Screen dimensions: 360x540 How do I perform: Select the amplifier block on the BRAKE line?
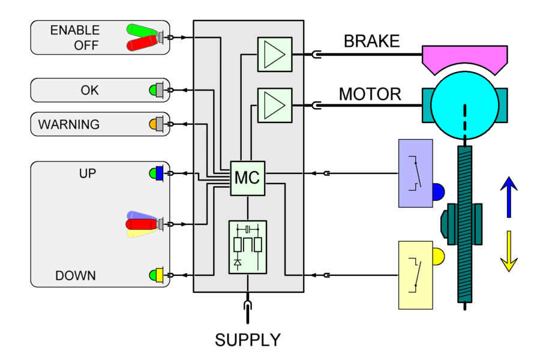[274, 55]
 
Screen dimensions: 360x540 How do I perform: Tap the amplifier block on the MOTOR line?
[274, 106]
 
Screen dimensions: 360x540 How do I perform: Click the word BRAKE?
[371, 41]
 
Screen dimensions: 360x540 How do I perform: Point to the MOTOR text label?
[370, 94]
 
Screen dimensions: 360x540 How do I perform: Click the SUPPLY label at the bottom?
[248, 340]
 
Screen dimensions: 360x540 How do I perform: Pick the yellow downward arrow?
[508, 251]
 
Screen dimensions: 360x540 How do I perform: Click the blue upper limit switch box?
[415, 173]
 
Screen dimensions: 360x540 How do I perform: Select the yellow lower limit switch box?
[415, 275]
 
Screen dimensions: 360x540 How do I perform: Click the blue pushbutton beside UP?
[159, 173]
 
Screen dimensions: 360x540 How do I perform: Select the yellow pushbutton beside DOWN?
[159, 275]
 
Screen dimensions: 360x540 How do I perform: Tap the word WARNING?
[69, 125]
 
